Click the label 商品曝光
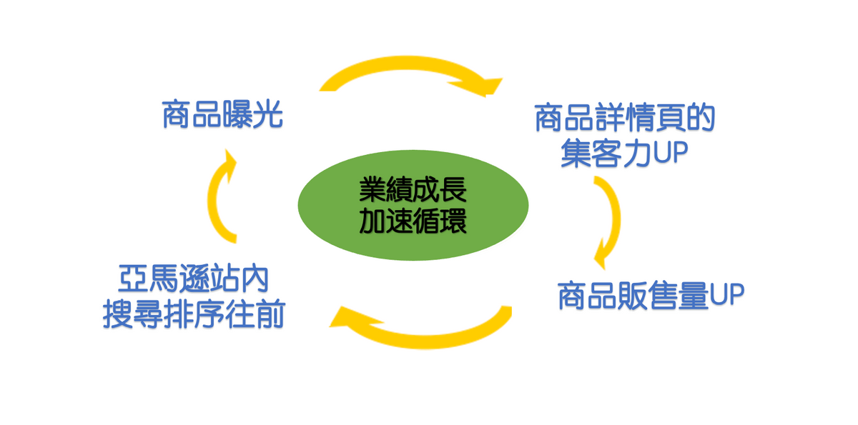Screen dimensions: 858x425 point(222,114)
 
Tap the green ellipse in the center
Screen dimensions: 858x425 point(413,205)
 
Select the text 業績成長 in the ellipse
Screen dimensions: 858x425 point(413,189)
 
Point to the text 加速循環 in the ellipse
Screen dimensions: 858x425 point(413,221)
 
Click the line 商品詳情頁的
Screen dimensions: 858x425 point(625,118)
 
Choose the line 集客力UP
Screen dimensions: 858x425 point(624,153)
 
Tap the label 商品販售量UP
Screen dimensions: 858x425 point(651,295)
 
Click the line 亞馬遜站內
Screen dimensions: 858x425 point(194,279)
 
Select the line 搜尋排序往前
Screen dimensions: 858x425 point(194,314)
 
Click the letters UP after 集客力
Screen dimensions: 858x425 point(671,153)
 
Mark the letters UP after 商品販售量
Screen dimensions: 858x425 point(726,294)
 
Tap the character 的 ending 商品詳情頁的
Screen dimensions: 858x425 point(701,118)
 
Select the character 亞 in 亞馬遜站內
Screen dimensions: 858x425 point(133,279)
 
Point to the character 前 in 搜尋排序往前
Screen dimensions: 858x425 point(271,314)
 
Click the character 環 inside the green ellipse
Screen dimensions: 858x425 point(453,221)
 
